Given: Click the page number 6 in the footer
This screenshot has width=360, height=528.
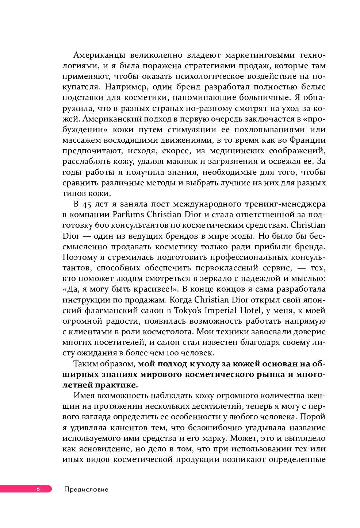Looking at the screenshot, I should tap(38, 489).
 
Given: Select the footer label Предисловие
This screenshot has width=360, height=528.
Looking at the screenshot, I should tap(86, 489).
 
